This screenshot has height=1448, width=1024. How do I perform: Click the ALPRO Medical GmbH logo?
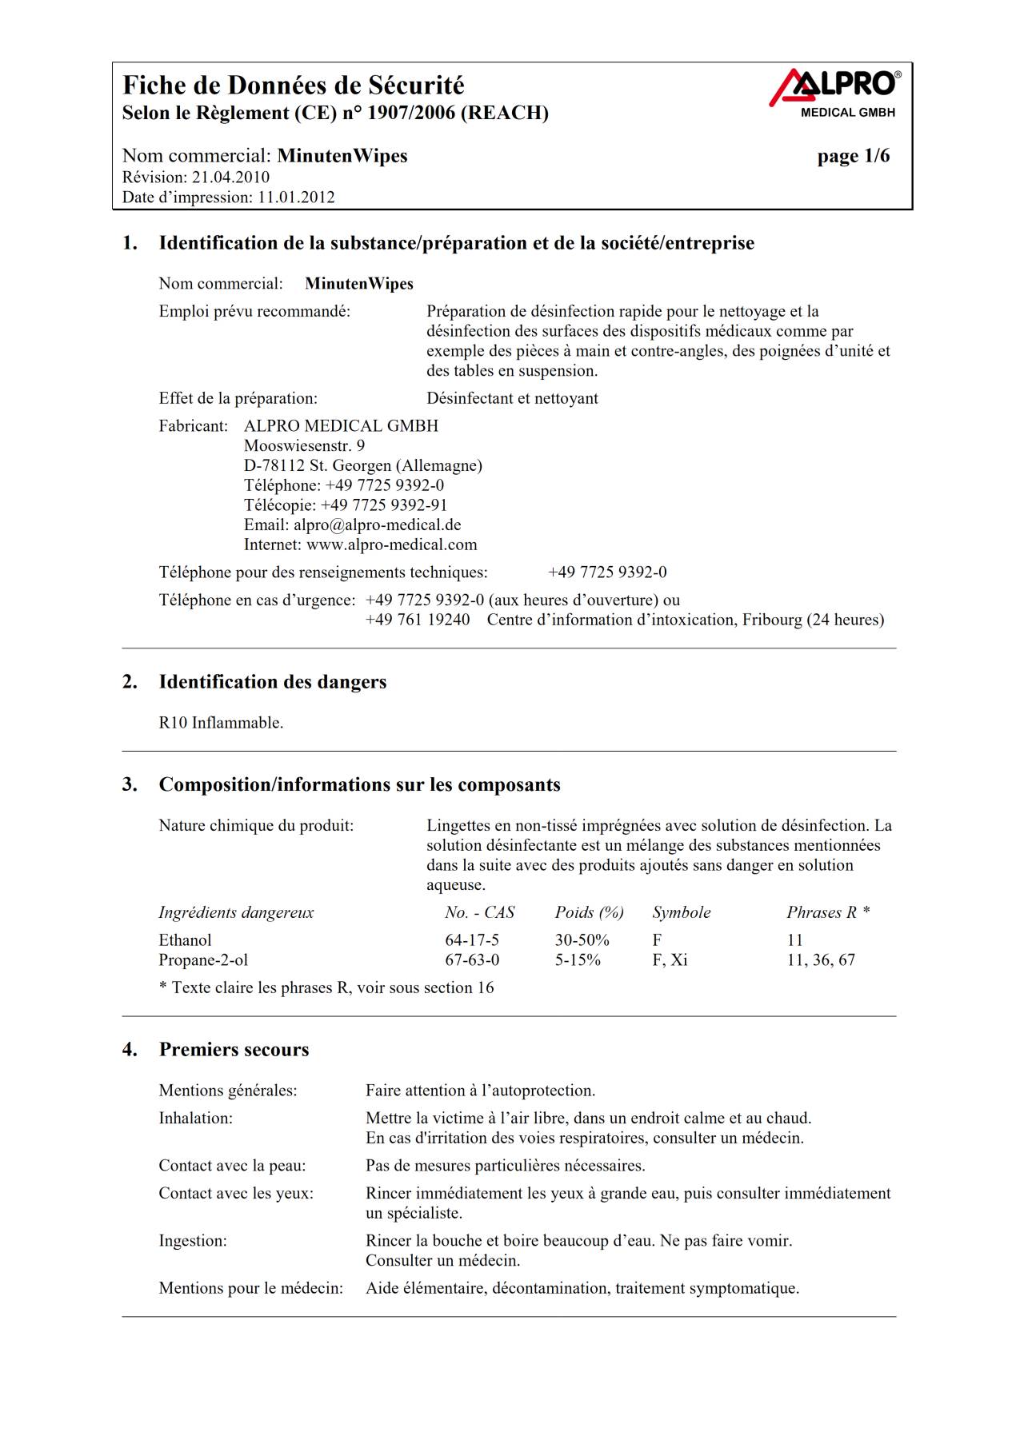pyautogui.click(x=834, y=92)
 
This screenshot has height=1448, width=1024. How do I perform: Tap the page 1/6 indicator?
pyautogui.click(x=853, y=156)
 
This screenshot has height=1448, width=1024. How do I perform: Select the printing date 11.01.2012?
pyautogui.click(x=295, y=197)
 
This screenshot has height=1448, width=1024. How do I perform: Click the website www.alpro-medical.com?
pyautogui.click(x=391, y=545)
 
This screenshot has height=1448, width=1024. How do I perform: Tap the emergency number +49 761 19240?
pyautogui.click(x=418, y=620)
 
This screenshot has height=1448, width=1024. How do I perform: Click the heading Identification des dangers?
pyautogui.click(x=272, y=682)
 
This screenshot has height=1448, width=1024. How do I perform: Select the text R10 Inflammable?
pyautogui.click(x=221, y=723)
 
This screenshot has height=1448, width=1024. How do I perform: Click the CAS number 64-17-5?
pyautogui.click(x=472, y=940)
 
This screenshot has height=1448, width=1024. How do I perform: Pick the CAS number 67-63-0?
pyautogui.click(x=472, y=960)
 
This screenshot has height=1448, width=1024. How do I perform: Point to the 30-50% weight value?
pyautogui.click(x=582, y=940)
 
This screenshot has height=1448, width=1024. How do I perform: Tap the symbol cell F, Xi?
pyautogui.click(x=670, y=960)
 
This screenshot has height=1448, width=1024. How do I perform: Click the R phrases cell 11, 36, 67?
pyautogui.click(x=821, y=960)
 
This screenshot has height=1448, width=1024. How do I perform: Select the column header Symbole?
pyautogui.click(x=681, y=913)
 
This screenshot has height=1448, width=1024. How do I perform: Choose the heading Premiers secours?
pyautogui.click(x=234, y=1050)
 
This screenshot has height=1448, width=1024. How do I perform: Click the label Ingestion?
pyautogui.click(x=193, y=1241)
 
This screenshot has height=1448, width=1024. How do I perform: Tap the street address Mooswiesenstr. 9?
pyautogui.click(x=304, y=446)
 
